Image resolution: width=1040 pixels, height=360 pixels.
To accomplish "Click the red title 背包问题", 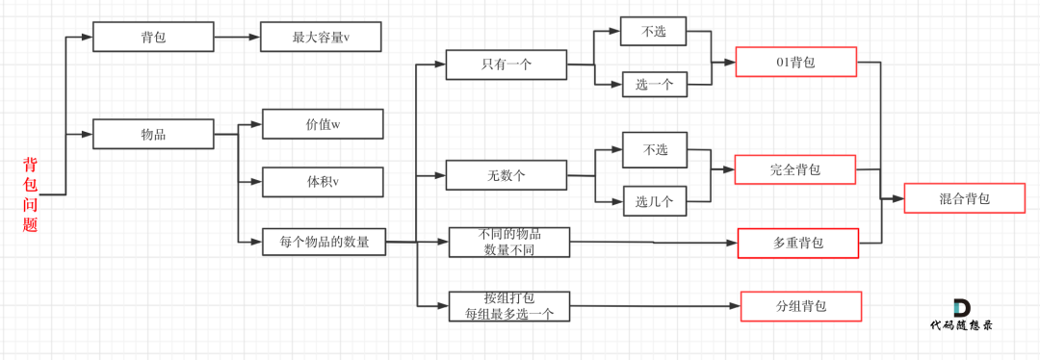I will click(30, 194).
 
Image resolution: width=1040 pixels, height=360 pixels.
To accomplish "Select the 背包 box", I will click(153, 38).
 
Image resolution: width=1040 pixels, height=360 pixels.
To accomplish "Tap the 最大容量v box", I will click(321, 38).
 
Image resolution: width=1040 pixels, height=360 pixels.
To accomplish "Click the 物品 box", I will click(153, 134).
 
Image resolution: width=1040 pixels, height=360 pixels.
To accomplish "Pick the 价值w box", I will click(323, 124).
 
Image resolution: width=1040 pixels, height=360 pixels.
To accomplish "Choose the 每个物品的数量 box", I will click(324, 242).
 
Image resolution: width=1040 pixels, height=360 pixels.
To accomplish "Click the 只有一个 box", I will click(507, 64).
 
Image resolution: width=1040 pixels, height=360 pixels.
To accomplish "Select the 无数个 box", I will click(506, 175).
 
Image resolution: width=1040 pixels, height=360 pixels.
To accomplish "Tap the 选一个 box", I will click(654, 85).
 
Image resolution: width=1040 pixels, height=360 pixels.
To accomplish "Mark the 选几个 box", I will click(654, 201).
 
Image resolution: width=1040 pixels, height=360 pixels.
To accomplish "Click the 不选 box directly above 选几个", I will click(655, 149).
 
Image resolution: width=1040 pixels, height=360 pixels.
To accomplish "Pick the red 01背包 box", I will click(795, 62).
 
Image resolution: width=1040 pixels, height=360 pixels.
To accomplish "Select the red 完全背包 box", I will click(795, 169).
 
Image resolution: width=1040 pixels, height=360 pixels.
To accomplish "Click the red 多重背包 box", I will click(797, 244).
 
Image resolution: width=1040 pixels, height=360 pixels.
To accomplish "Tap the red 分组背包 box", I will click(800, 307).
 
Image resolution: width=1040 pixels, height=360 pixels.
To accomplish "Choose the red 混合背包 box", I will click(964, 198).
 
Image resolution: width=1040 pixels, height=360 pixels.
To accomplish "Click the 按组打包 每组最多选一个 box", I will click(508, 306).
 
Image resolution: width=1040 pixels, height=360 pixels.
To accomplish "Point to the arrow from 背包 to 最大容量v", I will click(237, 38).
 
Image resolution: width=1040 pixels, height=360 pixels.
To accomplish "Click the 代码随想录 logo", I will click(961, 315).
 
